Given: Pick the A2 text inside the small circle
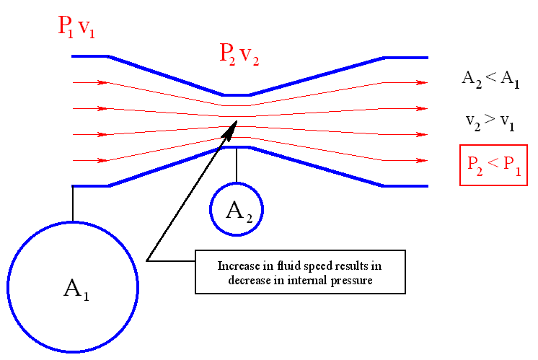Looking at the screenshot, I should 237,210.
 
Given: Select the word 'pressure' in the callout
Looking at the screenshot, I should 350,280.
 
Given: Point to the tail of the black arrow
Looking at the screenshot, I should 148,259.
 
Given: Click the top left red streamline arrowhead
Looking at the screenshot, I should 104,82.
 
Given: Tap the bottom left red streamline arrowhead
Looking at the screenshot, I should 104,160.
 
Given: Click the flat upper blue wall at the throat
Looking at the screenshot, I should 237,95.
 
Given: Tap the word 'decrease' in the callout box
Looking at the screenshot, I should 249,280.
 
